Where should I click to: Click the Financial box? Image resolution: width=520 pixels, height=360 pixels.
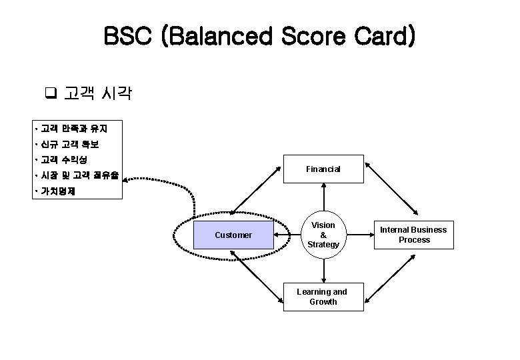click(x=323, y=169)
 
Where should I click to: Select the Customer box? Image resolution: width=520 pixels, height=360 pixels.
click(x=233, y=235)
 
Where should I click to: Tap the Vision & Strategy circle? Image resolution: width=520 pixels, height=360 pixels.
click(x=323, y=235)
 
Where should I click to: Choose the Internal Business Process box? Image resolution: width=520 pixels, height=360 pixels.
click(x=414, y=235)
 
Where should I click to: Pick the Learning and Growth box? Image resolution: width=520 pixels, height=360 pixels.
click(x=323, y=297)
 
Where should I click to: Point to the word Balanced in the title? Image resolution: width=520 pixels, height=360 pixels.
click(x=221, y=37)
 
